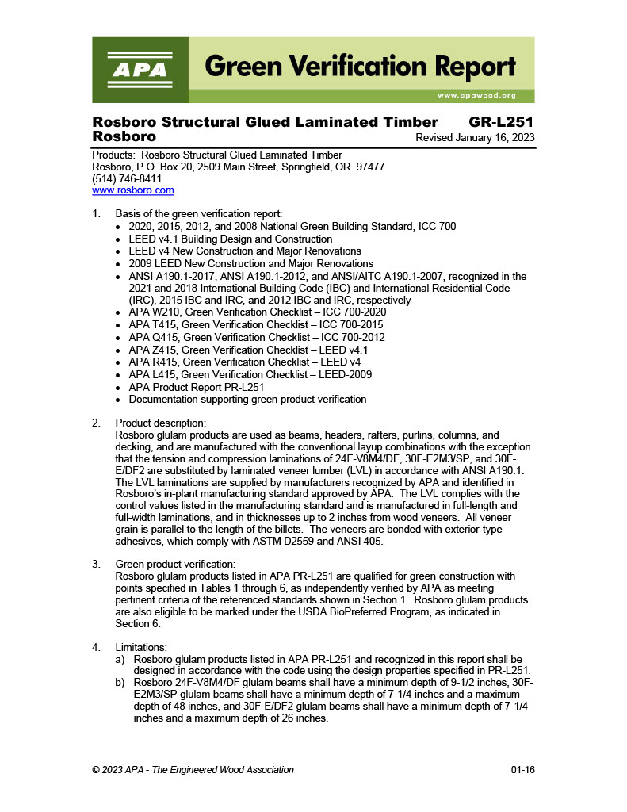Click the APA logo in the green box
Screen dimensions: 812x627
click(140, 70)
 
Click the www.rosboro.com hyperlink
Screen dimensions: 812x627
click(132, 190)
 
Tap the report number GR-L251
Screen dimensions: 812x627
click(501, 122)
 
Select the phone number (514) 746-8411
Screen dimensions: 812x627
click(127, 179)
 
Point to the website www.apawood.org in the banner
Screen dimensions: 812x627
click(476, 95)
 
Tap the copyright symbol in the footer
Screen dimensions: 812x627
click(96, 770)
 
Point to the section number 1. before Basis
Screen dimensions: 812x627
click(97, 214)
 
